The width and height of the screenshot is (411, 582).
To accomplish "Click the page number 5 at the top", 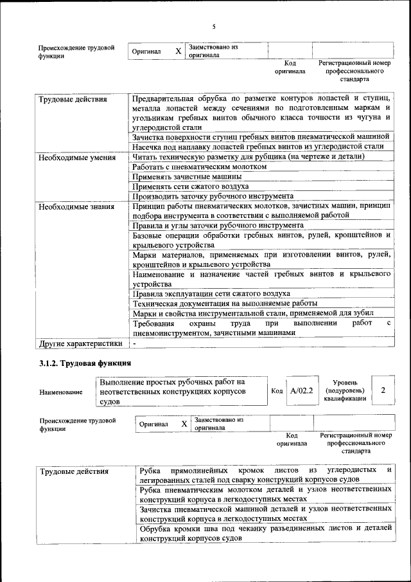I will point(214,26).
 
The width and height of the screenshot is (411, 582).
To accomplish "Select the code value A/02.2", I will point(301,390).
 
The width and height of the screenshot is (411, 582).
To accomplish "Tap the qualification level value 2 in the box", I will point(383,390).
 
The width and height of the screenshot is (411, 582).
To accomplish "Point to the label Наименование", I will point(60,392).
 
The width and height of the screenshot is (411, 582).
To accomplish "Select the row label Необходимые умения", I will point(71,157).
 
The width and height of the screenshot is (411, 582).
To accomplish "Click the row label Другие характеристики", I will point(80,343).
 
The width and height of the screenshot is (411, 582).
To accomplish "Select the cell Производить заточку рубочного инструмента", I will point(213,196).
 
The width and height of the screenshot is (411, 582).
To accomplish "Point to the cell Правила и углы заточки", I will point(217,226).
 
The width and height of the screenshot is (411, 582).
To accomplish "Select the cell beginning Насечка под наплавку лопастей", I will point(258,147).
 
